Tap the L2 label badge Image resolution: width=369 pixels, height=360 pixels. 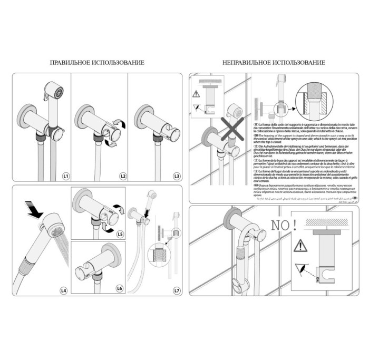(122, 174)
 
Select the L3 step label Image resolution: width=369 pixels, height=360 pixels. (177, 174)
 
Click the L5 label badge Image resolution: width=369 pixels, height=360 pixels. (120, 233)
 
